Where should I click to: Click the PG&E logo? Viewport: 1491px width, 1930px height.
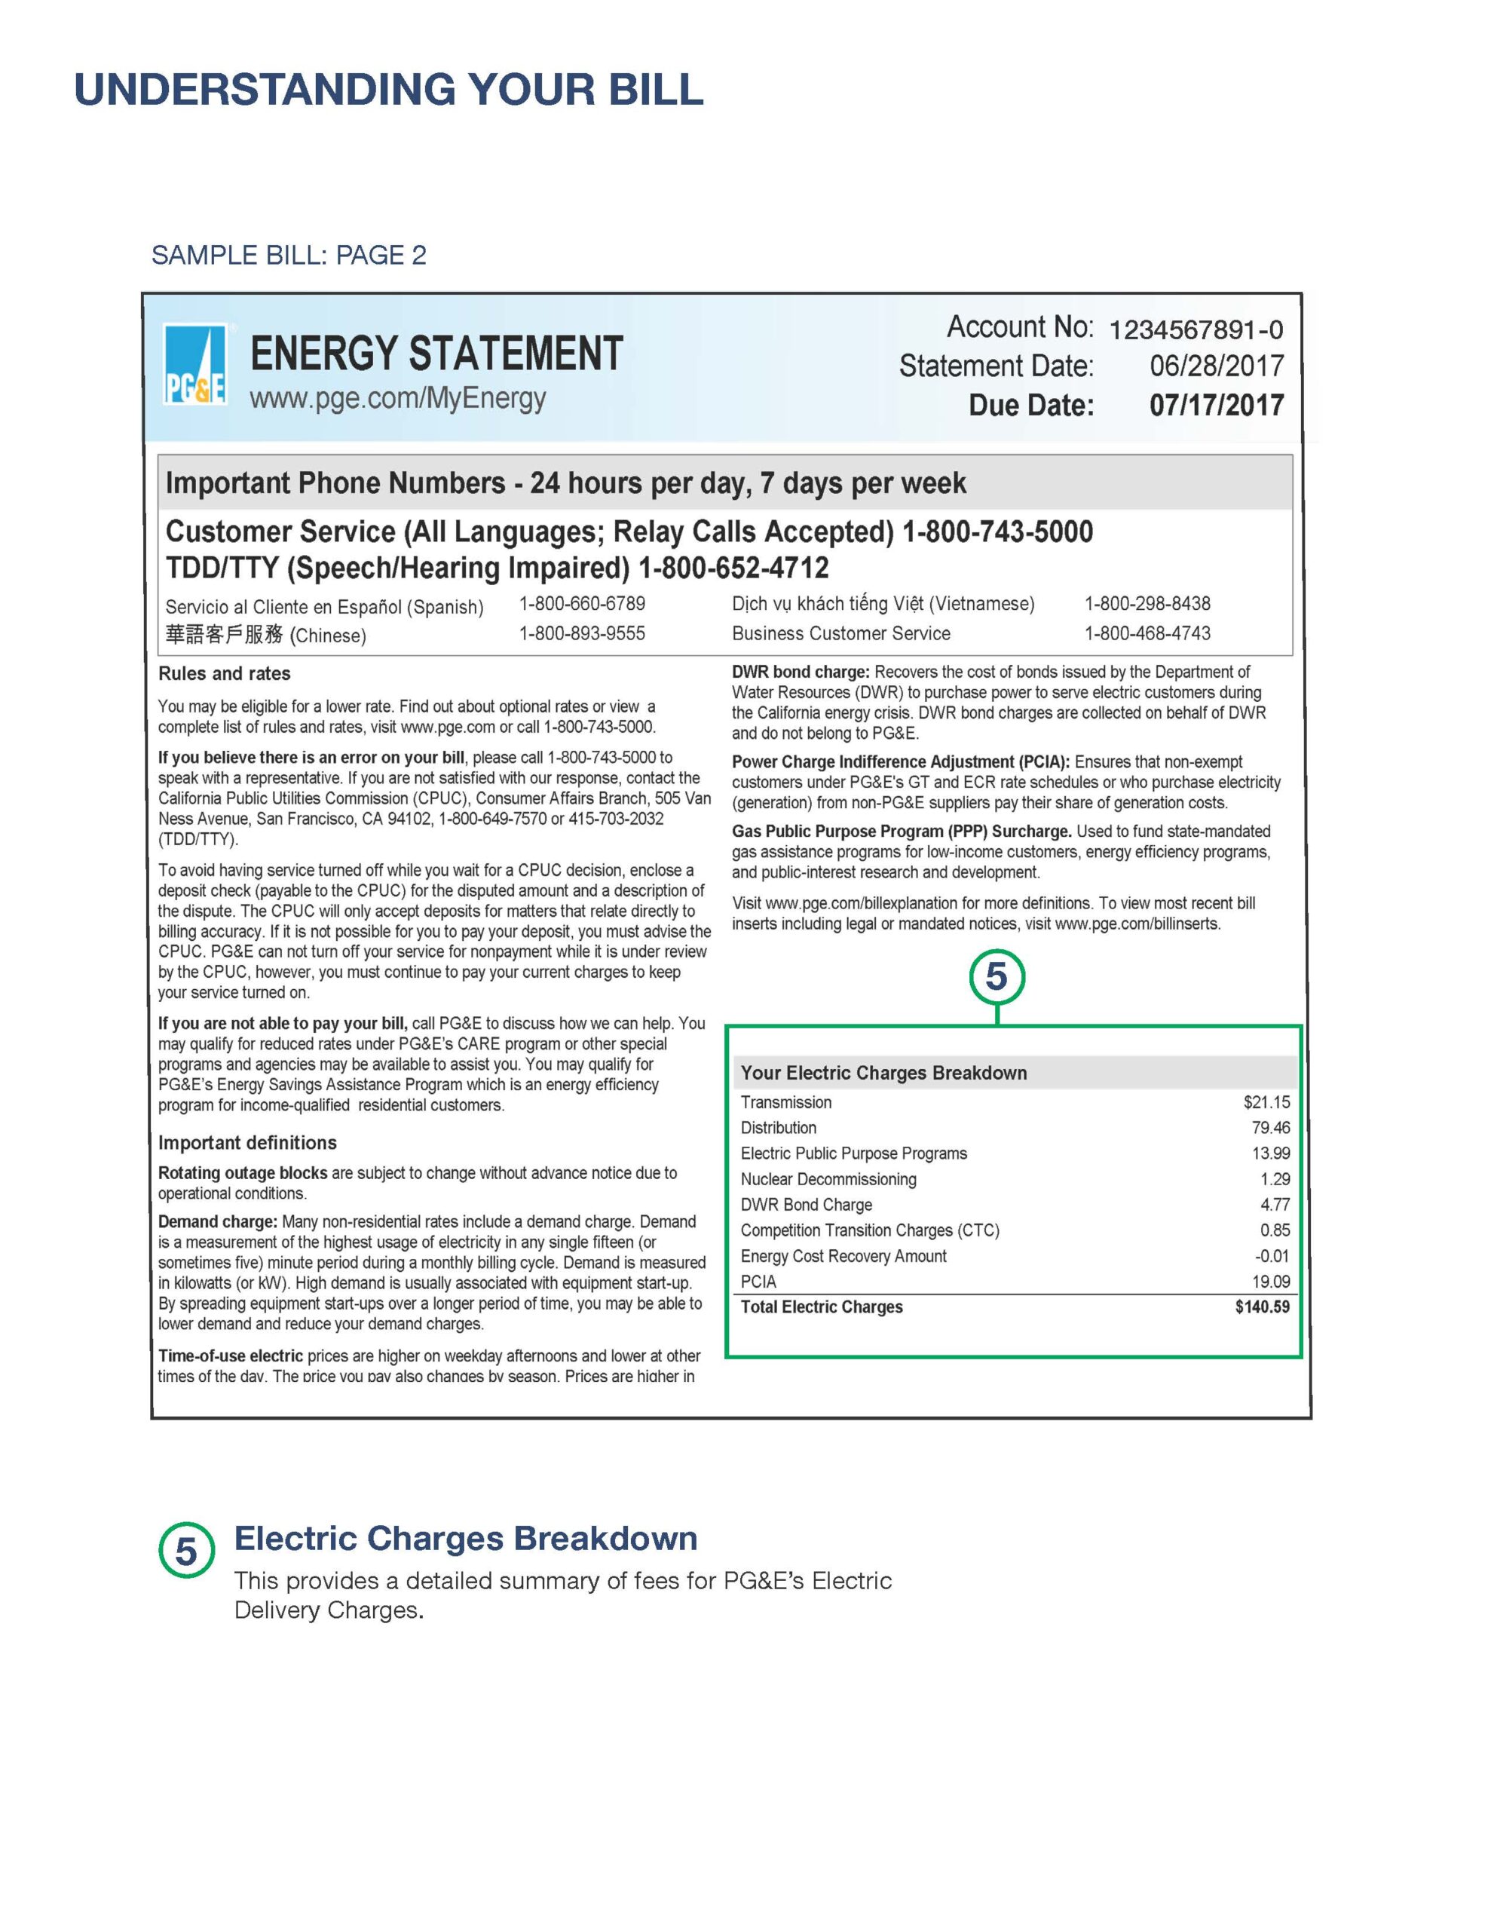[194, 366]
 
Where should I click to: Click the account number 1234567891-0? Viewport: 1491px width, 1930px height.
[1195, 330]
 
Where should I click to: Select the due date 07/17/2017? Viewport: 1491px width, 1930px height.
[1215, 406]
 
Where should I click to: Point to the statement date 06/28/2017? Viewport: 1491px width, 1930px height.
[1215, 366]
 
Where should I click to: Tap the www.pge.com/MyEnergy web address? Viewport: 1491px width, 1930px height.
[398, 399]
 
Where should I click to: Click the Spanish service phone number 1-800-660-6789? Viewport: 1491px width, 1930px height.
[582, 604]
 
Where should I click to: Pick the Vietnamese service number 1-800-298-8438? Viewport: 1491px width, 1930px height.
[1147, 604]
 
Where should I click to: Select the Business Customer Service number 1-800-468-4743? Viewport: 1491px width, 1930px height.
[1147, 633]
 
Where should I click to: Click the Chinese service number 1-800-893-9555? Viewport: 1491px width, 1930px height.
[582, 633]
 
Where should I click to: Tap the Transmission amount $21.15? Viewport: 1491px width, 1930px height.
[1266, 1102]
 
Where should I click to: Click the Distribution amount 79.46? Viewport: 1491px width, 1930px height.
[1270, 1128]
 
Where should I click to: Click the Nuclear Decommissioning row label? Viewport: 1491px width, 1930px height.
[828, 1179]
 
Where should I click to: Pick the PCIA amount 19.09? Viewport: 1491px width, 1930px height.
[1270, 1282]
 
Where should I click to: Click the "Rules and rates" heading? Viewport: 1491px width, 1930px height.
[225, 673]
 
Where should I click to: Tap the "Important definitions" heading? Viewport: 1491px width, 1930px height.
[247, 1143]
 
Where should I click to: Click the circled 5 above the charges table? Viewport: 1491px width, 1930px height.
[996, 976]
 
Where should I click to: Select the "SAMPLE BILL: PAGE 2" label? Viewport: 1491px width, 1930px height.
[289, 256]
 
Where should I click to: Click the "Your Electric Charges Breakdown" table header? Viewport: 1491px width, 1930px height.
[883, 1073]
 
